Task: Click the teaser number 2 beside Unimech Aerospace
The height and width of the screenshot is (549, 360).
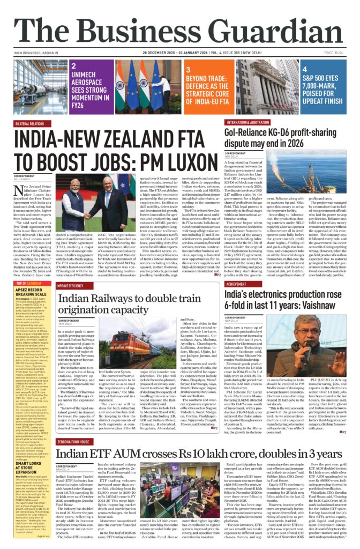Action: point(73,65)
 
